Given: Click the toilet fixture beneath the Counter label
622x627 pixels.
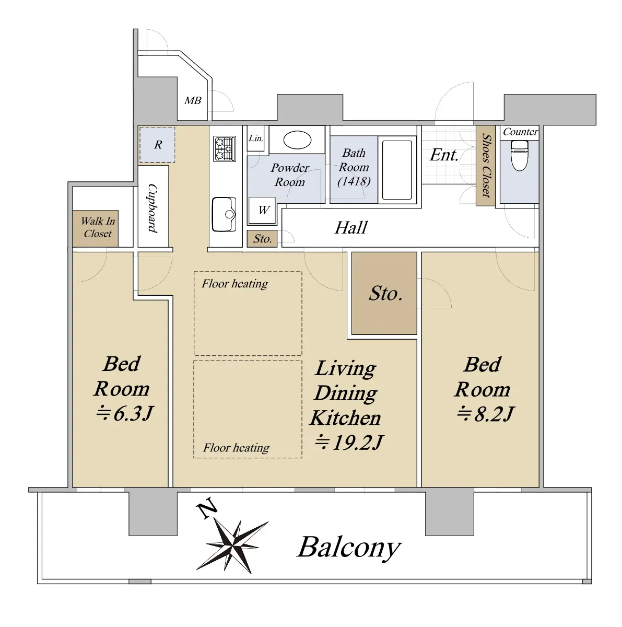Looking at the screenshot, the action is [x=519, y=156].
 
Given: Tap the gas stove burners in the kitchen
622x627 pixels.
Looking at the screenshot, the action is [x=224, y=148].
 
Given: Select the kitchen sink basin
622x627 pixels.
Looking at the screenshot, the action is [x=224, y=214].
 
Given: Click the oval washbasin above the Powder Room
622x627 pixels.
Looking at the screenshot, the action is [x=297, y=140].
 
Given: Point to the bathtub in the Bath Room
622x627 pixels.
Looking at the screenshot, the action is [x=397, y=170].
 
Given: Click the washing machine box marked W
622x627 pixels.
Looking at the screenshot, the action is [x=262, y=210].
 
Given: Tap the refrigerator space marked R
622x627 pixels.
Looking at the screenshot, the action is [x=157, y=144].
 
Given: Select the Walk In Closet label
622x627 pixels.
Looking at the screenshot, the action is [x=98, y=227].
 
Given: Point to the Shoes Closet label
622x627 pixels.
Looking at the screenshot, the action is [x=486, y=165].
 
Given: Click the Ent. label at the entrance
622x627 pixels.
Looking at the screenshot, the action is [x=444, y=155].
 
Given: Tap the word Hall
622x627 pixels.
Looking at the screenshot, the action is [x=351, y=227].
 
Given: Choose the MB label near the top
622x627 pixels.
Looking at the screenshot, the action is [x=193, y=100].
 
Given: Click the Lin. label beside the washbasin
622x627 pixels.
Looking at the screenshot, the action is [x=256, y=138].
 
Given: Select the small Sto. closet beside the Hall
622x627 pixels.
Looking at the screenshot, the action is [x=262, y=239].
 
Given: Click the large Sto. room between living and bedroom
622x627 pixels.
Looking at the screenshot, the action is [x=384, y=293].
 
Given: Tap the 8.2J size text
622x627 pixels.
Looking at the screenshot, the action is [x=485, y=414].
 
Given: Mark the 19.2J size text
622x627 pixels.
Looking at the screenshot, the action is [x=349, y=442].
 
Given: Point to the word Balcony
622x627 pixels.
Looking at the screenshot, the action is [x=349, y=548].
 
